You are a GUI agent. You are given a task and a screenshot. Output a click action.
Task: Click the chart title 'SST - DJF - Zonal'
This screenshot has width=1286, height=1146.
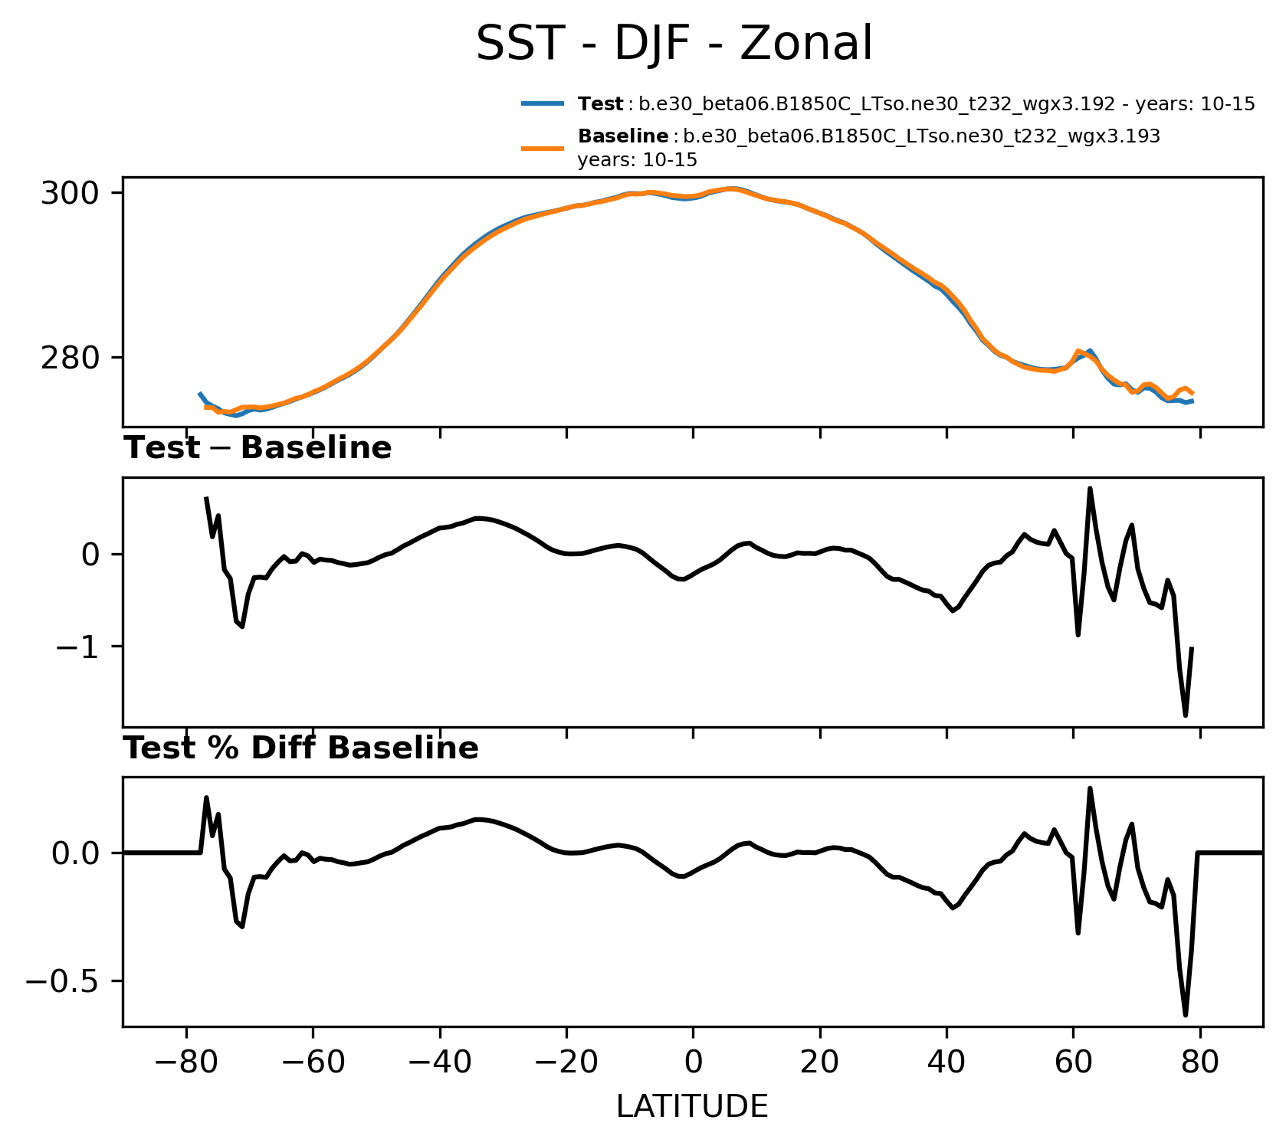tap(674, 44)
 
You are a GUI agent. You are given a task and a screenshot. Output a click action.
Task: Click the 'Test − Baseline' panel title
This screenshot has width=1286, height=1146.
tap(258, 448)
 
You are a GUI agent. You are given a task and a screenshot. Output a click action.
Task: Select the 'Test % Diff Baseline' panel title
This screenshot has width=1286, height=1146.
tap(301, 748)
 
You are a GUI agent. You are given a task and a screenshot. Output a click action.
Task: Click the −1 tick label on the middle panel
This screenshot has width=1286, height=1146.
tap(77, 647)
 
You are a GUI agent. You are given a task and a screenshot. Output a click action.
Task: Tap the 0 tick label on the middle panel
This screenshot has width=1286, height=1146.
tap(90, 555)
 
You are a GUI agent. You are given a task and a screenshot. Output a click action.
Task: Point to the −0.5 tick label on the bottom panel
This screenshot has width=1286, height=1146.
tap(64, 981)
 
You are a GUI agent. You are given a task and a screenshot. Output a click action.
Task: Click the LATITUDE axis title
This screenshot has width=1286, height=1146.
tap(692, 1107)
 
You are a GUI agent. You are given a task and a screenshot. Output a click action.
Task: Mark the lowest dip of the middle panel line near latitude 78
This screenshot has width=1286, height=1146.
tap(1186, 715)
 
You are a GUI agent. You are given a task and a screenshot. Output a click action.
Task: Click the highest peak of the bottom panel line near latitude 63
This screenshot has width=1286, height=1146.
tap(1090, 788)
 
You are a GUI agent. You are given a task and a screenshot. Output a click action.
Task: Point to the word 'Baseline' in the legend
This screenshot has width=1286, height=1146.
tap(623, 136)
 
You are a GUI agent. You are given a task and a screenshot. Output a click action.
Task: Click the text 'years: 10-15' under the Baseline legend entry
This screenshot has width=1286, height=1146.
tap(637, 161)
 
